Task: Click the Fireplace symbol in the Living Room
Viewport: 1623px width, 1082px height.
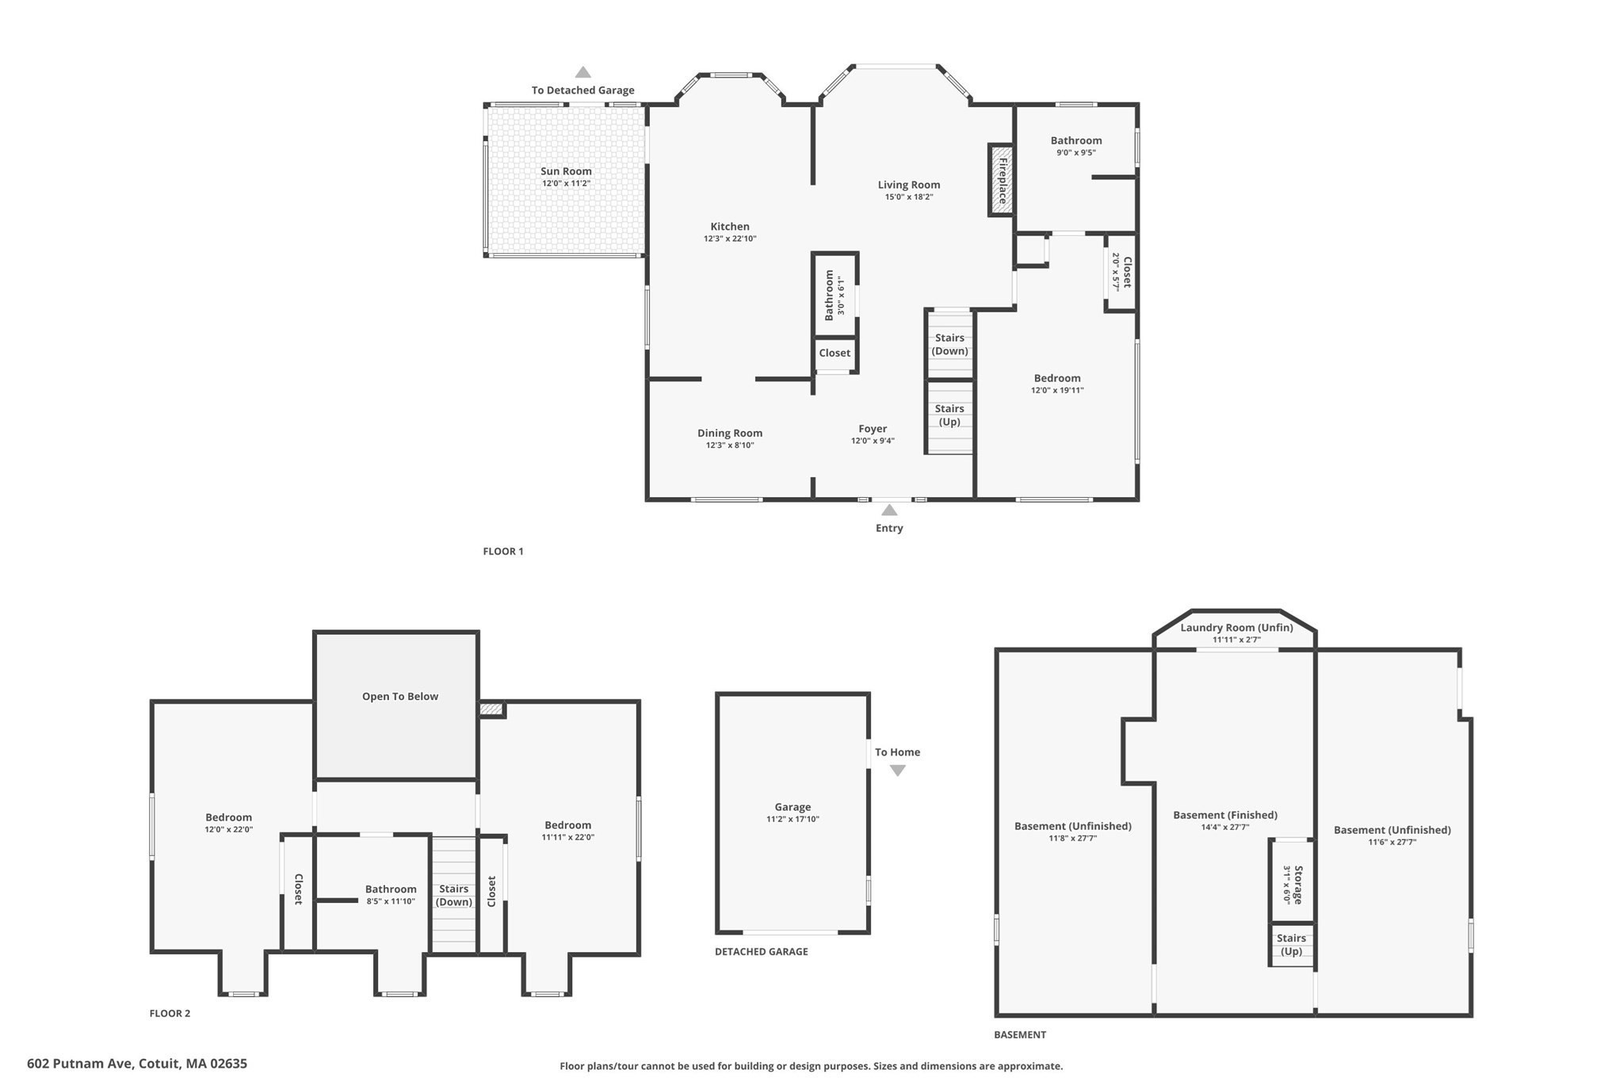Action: tap(1001, 180)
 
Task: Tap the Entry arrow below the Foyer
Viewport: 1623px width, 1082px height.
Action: tap(889, 510)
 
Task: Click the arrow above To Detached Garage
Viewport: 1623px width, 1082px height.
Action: tap(583, 72)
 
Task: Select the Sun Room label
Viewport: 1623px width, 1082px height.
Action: tap(566, 171)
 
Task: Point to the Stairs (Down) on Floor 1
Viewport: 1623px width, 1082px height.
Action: tap(949, 344)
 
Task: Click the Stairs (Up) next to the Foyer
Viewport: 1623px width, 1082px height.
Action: tap(949, 415)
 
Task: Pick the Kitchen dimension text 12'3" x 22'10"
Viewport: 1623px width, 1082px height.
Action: tap(730, 239)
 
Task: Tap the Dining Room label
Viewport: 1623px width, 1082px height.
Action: tap(730, 433)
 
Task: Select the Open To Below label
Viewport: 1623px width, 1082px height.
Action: tap(400, 697)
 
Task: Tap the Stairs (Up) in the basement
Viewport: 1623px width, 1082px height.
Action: tap(1292, 945)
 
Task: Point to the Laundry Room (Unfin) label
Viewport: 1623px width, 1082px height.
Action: tap(1236, 628)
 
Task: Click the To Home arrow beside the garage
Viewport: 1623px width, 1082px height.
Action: tap(898, 770)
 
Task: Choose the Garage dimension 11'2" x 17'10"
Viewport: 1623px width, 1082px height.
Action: tap(792, 820)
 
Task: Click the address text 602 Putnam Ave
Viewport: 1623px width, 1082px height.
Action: tap(137, 1064)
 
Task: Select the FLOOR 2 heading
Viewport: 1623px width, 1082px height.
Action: tap(170, 1013)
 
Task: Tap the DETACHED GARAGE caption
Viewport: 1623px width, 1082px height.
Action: tap(762, 951)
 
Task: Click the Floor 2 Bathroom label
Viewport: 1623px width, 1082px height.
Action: tap(391, 889)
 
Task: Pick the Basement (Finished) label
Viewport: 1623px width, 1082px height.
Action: tap(1225, 815)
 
